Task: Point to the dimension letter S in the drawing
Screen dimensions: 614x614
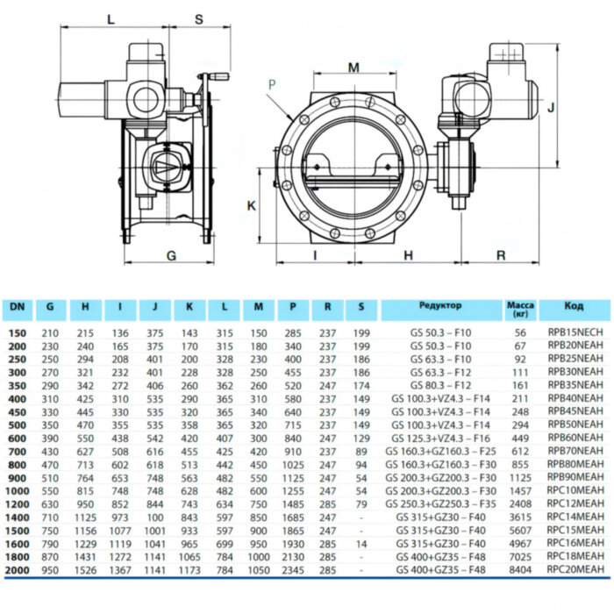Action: (198, 18)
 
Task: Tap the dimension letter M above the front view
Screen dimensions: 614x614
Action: (353, 68)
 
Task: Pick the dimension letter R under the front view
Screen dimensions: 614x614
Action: (500, 255)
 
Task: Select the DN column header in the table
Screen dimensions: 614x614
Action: (17, 308)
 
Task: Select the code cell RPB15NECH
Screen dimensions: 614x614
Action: (574, 333)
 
